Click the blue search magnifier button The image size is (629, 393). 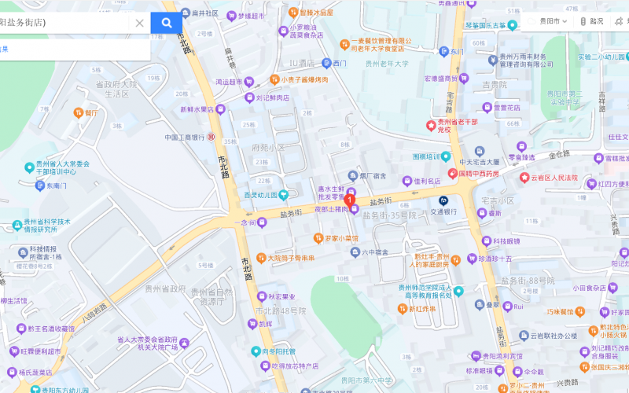166,23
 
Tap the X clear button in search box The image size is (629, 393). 139,23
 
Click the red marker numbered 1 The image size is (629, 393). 350,200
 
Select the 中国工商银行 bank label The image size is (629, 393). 185,137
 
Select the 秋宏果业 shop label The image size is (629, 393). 281,297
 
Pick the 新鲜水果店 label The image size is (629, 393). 197,109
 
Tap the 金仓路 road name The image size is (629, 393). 559,155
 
